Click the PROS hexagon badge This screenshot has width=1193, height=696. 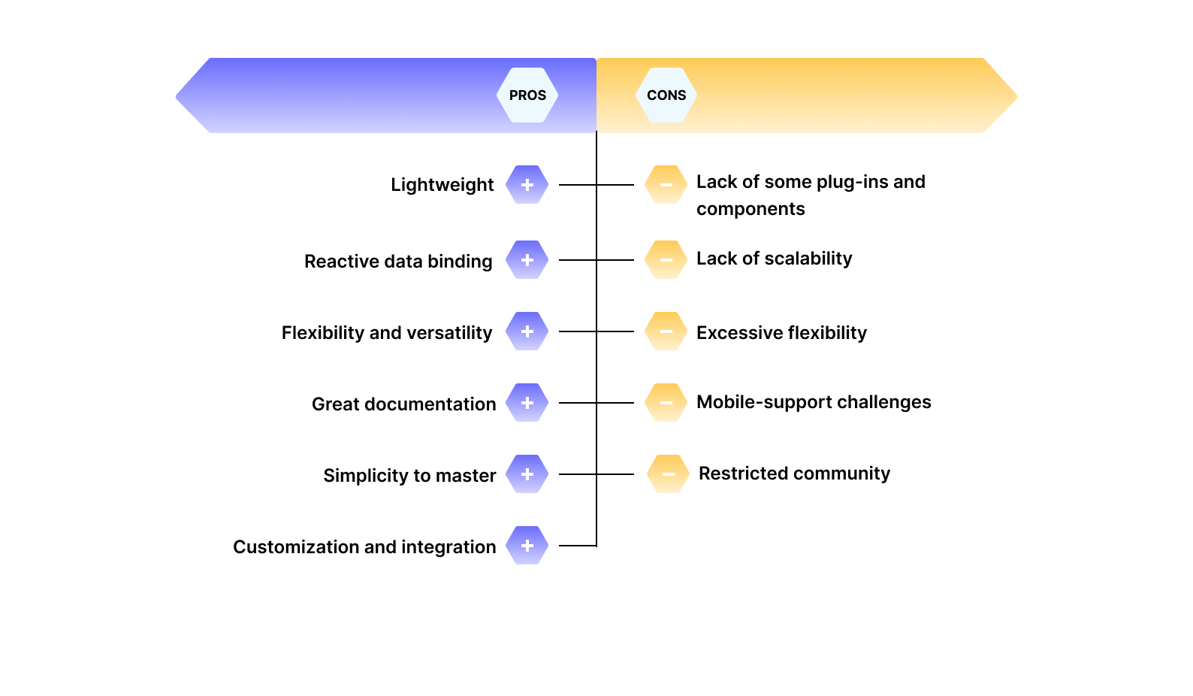point(527,95)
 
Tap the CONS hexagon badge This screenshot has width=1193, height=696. point(666,95)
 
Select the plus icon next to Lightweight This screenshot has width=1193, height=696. point(527,185)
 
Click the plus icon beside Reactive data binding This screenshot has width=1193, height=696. point(527,260)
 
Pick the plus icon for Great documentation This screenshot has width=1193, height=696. point(527,403)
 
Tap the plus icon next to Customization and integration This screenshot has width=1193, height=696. point(527,546)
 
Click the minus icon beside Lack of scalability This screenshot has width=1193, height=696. point(666,260)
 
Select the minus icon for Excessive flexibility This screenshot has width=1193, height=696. point(666,331)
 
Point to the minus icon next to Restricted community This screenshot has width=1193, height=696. point(668,474)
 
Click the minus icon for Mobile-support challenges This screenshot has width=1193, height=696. point(666,403)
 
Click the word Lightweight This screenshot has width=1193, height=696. point(442,185)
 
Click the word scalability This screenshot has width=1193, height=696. point(807,259)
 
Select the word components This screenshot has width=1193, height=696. point(751,209)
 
